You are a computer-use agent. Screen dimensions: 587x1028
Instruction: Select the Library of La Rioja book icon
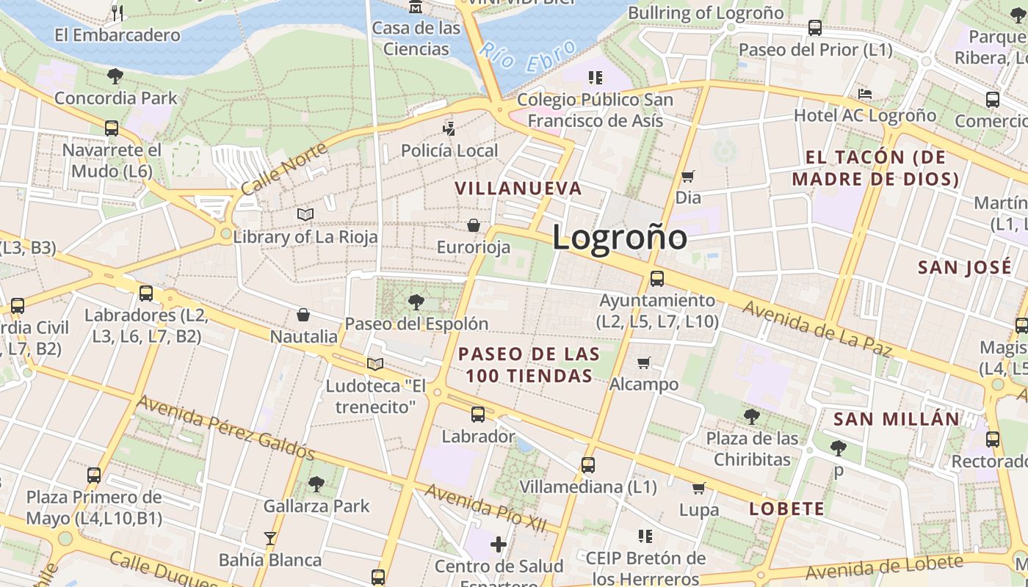(x=305, y=214)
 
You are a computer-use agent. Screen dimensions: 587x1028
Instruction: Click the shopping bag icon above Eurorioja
(x=474, y=225)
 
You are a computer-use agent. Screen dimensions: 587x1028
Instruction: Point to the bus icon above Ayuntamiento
(x=656, y=279)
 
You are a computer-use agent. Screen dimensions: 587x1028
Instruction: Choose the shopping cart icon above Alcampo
(x=644, y=362)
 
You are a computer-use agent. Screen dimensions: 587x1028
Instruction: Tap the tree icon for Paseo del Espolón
(x=416, y=302)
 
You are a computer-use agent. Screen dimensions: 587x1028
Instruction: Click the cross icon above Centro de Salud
(x=499, y=544)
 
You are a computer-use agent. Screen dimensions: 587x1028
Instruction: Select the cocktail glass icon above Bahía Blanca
(x=270, y=539)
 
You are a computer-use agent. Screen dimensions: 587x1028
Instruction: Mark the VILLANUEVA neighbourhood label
(x=518, y=189)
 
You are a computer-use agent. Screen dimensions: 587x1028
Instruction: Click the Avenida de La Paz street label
(x=816, y=327)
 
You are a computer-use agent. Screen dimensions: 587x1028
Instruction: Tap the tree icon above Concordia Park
(x=115, y=76)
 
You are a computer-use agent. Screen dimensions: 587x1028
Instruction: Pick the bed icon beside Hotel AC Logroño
(x=865, y=94)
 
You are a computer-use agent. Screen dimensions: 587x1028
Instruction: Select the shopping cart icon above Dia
(x=687, y=176)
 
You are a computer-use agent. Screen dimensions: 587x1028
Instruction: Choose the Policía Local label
(x=449, y=150)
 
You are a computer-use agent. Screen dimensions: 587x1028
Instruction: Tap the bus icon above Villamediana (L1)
(x=587, y=464)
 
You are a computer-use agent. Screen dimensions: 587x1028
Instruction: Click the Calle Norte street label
(x=274, y=168)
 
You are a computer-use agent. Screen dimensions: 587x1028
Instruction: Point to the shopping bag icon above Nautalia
(x=303, y=316)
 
